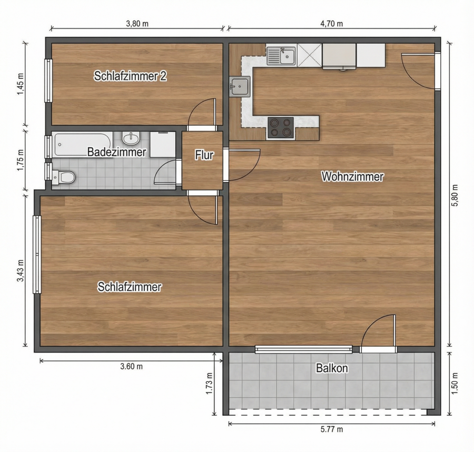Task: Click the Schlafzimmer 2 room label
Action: pos(130,76)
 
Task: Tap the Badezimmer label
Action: pos(117,152)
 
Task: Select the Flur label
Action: pos(204,155)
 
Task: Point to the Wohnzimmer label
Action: pos(352,177)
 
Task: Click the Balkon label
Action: pos(332,368)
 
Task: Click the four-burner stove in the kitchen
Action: pos(280,128)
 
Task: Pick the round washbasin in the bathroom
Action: pos(131,138)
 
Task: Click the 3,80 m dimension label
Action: pos(137,24)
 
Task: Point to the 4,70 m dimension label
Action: pos(332,24)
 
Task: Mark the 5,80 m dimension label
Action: pos(455,195)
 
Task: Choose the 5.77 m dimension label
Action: pos(332,429)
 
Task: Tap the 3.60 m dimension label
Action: pos(132,367)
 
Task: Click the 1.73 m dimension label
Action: pos(209,384)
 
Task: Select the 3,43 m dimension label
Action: pos(21,270)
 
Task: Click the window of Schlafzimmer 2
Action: pos(48,81)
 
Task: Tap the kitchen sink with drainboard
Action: pos(281,56)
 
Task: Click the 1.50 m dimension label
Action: pos(455,384)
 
